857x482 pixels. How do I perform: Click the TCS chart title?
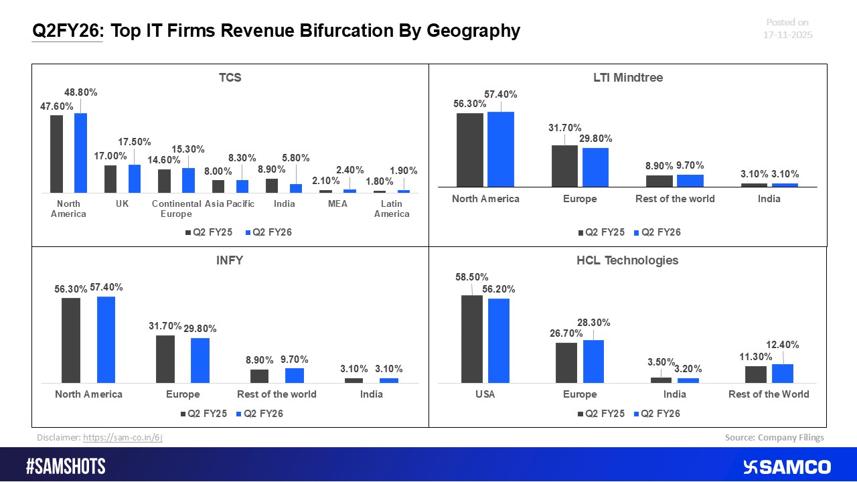tap(230, 78)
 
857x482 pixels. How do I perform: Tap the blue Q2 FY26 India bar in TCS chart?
tap(296, 188)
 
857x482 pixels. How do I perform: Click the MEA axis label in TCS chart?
tap(338, 204)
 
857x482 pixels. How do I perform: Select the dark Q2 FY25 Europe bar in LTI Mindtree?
tap(564, 165)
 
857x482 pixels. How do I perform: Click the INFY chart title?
tap(230, 260)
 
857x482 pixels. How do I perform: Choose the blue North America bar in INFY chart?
tap(106, 339)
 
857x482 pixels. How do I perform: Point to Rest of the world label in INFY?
tap(277, 394)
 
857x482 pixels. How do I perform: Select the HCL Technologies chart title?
tap(627, 260)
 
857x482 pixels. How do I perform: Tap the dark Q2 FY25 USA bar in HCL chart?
tap(472, 339)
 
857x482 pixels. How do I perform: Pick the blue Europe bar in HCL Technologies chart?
tap(593, 361)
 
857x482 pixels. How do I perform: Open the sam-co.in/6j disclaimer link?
tap(123, 437)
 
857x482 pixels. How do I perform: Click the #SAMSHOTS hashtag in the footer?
tap(66, 467)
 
